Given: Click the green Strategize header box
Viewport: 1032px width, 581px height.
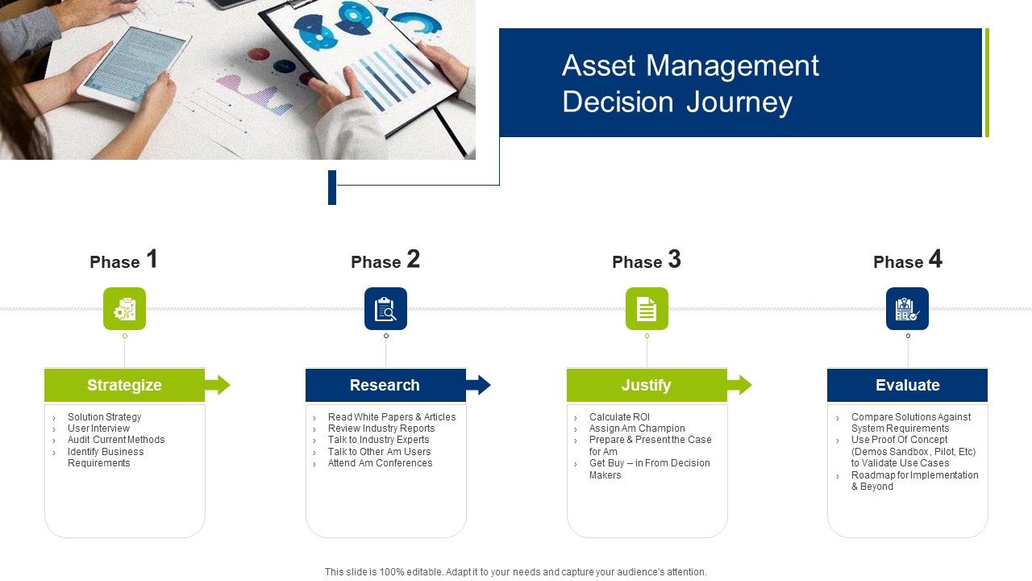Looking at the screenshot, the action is click(x=124, y=385).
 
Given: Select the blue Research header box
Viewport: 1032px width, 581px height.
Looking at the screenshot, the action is click(x=385, y=385).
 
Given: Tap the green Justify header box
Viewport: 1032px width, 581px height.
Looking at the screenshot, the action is click(x=647, y=385).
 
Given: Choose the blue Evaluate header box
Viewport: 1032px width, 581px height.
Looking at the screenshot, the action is click(x=907, y=385).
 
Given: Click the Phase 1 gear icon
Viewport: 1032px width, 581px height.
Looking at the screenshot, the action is click(x=124, y=308).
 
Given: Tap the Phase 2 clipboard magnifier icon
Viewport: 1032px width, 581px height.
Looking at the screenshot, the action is click(x=385, y=308).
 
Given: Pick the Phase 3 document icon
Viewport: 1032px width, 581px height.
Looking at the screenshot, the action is click(x=647, y=308).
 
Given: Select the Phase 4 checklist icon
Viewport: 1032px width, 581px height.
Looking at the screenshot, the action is click(x=907, y=308).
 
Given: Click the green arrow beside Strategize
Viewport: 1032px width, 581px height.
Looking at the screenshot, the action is click(x=218, y=385).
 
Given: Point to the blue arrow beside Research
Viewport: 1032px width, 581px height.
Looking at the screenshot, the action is click(x=479, y=385).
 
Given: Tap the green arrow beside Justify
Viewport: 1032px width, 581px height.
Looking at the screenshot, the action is click(x=740, y=385).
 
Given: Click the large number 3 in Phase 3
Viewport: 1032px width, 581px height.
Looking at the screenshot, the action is click(x=675, y=259).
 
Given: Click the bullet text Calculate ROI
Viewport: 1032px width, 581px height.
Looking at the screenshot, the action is click(x=619, y=417).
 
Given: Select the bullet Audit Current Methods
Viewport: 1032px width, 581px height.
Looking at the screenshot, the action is click(x=116, y=440).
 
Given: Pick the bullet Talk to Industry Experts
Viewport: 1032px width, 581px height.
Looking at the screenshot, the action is click(x=378, y=440).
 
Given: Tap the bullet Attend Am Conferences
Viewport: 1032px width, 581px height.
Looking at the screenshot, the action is click(x=380, y=463).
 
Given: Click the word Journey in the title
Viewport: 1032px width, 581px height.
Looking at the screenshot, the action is click(x=739, y=102).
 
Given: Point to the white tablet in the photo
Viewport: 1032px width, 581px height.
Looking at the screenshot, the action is click(x=134, y=69).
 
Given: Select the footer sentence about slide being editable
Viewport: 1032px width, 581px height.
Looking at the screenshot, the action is click(x=515, y=572).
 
